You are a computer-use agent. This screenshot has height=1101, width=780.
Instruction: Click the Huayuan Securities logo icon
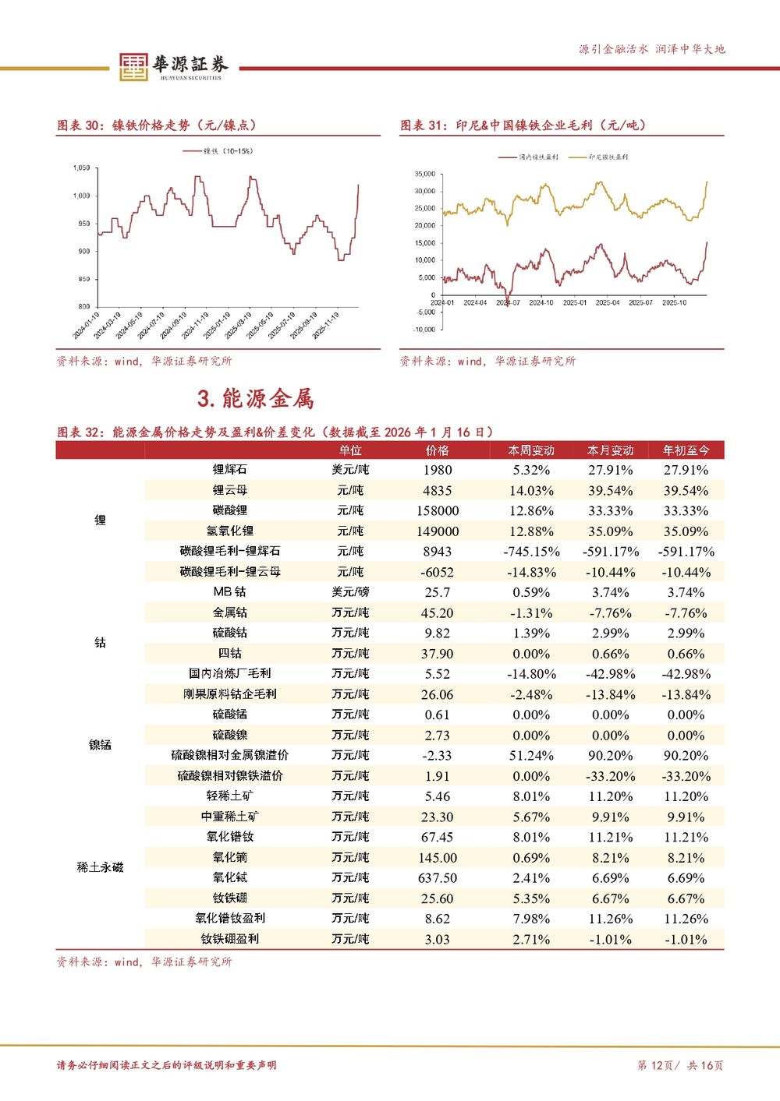coord(133,67)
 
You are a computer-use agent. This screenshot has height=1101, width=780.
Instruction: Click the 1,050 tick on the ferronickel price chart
coord(81,168)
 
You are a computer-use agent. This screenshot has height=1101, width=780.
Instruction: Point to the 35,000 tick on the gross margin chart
coord(425,174)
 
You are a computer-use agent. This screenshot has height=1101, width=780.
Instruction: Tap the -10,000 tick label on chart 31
coord(424,330)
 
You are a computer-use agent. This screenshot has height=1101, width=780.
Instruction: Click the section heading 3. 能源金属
coord(256,399)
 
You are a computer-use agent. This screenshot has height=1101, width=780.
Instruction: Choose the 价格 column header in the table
coord(437,450)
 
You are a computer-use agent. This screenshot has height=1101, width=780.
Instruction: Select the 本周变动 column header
coord(531,450)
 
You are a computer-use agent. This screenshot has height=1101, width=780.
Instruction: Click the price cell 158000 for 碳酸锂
coord(437,511)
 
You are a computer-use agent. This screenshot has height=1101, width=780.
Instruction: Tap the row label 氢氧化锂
coord(230,531)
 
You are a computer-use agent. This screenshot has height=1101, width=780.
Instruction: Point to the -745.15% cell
coord(531,552)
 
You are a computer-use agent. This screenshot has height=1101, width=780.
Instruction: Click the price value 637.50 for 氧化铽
coord(437,878)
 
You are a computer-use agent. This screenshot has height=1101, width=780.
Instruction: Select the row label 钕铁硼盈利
coord(230,939)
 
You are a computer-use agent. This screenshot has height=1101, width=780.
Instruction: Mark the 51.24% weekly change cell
coord(531,756)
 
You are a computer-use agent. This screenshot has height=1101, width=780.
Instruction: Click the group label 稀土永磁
coord(100,867)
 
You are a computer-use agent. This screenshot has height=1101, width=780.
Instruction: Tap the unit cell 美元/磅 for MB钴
coord(350,592)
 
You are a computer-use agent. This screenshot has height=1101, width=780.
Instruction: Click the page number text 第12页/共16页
coord(680,1065)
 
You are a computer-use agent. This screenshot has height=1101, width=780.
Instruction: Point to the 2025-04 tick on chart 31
coord(608,302)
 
